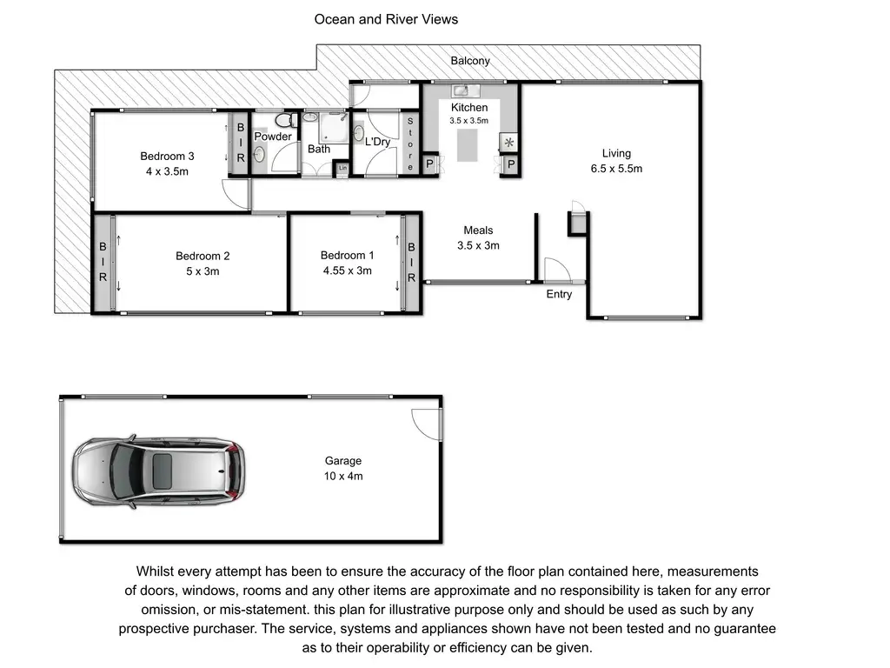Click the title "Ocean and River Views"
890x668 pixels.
pos(386,19)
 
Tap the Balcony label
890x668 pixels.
pos(470,61)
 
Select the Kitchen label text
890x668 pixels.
pos(469,107)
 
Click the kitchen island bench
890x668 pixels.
pos(468,145)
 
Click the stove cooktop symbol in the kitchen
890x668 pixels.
pos(509,143)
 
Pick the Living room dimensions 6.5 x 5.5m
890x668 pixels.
pos(616,169)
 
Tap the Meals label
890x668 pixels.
pos(478,230)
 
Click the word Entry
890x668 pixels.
pos(559,294)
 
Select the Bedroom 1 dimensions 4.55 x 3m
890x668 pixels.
pos(348,271)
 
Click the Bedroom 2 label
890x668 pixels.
pos(203,257)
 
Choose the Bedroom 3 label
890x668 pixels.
pos(168,157)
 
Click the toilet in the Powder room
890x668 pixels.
pos(286,120)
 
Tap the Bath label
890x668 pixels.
pos(319,149)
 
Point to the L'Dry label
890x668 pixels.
pos(377,142)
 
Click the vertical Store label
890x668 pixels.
pos(410,144)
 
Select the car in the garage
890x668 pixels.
pos(159,471)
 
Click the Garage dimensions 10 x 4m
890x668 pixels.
pos(343,476)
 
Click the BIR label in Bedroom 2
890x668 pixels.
pos(103,262)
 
